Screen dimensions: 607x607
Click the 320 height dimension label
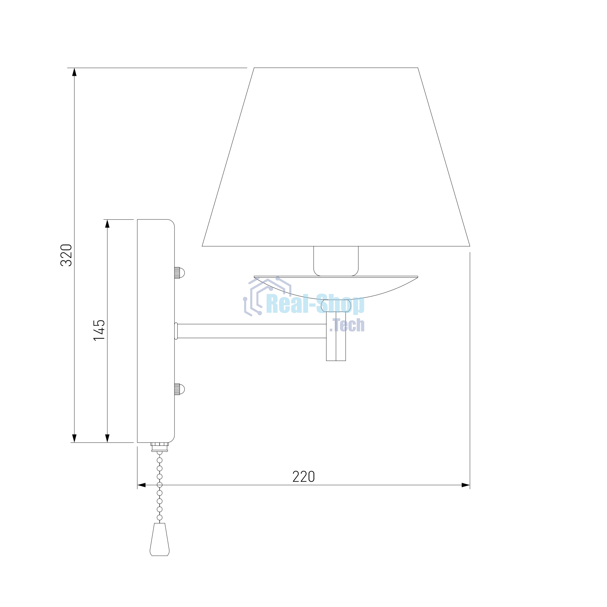(x=66, y=255)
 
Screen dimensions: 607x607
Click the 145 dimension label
(x=99, y=330)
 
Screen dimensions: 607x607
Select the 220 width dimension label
(x=303, y=476)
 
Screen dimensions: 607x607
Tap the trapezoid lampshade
(x=336, y=157)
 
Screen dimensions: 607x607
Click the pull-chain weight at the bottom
(x=160, y=539)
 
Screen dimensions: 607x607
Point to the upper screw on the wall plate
(x=179, y=273)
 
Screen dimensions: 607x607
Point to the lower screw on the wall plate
(x=179, y=389)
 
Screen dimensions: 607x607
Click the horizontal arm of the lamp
(x=252, y=331)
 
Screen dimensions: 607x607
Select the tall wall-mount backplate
(x=156, y=331)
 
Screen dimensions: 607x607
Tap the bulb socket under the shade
(x=336, y=261)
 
